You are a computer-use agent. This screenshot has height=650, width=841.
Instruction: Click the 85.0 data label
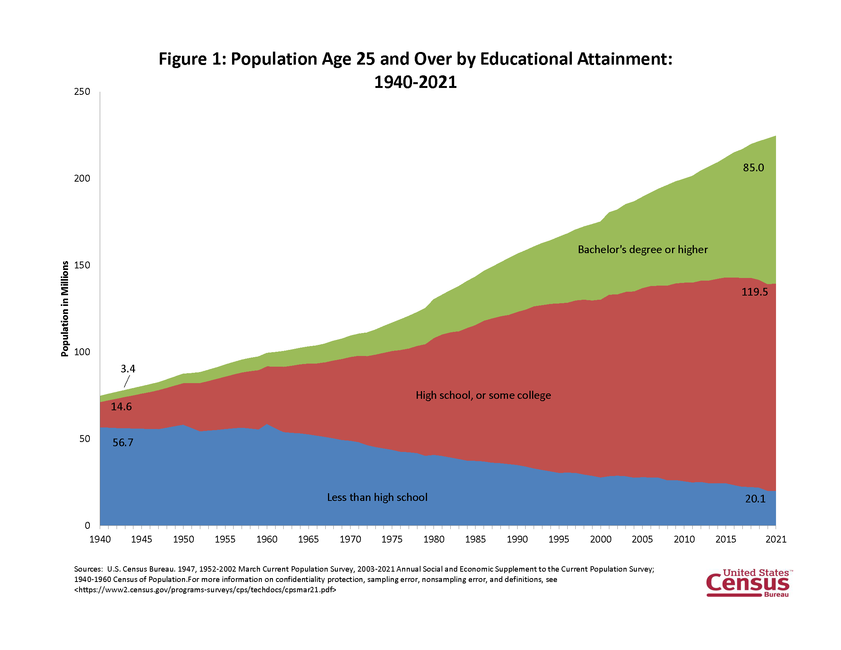click(x=753, y=167)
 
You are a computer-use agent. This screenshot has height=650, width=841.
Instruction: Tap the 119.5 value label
click(x=754, y=292)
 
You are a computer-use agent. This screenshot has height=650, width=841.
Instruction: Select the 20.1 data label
click(x=755, y=499)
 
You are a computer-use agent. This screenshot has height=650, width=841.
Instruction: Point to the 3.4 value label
click(x=128, y=369)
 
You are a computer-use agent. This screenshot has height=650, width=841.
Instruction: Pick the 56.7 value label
click(x=123, y=442)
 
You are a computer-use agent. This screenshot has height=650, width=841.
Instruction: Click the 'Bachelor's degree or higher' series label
click(x=642, y=250)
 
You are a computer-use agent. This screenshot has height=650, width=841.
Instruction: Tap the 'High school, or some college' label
click(x=483, y=395)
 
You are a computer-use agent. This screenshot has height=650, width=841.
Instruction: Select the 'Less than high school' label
click(x=377, y=497)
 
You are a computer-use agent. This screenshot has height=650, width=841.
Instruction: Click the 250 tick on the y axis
click(x=82, y=92)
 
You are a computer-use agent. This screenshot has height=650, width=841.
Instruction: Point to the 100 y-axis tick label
click(x=82, y=352)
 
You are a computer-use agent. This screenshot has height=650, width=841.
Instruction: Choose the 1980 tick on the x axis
click(x=433, y=539)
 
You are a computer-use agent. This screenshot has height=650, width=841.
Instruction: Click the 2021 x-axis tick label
click(x=776, y=539)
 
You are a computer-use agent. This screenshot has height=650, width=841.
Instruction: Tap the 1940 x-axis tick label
click(x=100, y=539)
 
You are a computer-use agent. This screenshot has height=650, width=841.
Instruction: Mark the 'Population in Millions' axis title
click(x=65, y=309)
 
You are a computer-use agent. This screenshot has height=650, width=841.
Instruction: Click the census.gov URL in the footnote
click(x=205, y=590)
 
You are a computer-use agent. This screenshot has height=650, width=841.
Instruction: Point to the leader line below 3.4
click(x=127, y=381)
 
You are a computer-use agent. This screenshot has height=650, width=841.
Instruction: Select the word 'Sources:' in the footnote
click(x=88, y=569)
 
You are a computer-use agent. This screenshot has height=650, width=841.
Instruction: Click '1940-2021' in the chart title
click(x=415, y=82)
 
